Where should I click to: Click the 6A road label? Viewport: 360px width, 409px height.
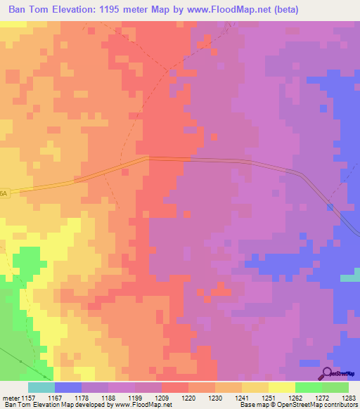4,193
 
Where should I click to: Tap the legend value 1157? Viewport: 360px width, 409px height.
28,397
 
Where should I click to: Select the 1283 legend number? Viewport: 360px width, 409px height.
348,397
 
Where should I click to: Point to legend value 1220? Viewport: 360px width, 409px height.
188,397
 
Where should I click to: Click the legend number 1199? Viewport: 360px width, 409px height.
135,397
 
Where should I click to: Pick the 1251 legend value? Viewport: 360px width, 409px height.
269,397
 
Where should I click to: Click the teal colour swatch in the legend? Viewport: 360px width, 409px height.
41,387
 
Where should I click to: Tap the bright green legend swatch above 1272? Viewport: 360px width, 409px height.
308,387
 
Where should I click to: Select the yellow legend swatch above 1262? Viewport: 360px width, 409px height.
281,387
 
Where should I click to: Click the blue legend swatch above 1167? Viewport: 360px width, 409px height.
67,387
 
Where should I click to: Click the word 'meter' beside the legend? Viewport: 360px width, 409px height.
10,397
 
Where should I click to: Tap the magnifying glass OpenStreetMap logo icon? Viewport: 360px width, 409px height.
327,373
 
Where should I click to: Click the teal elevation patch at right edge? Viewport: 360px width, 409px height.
350,278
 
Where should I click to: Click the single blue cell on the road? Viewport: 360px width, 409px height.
330,207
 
